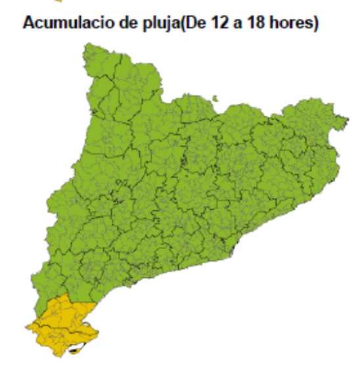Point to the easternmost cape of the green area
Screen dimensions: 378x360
[346, 120]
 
